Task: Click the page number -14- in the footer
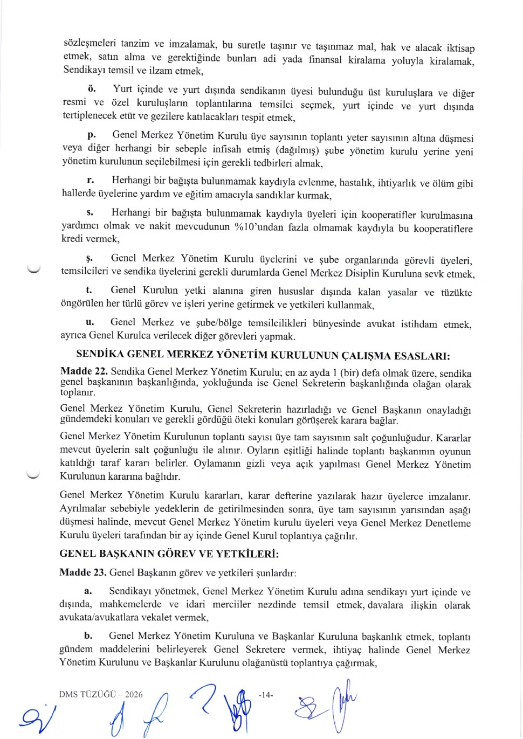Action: (266, 695)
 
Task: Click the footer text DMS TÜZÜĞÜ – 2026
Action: (101, 694)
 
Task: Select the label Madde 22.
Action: (84, 371)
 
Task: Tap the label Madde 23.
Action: (83, 572)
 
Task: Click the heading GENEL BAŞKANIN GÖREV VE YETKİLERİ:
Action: (169, 554)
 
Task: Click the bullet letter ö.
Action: (92, 88)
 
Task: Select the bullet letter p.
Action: (92, 134)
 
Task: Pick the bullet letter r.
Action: (91, 180)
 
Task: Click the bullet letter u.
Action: (90, 322)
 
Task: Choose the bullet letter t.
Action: (89, 290)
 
